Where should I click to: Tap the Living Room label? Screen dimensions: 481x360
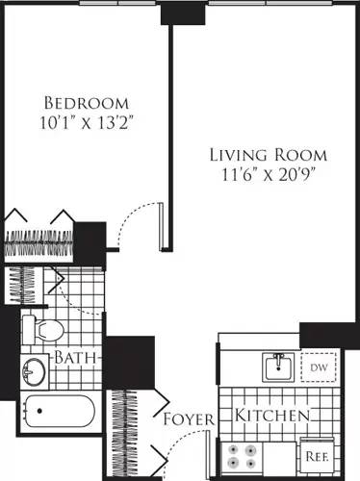point(269,155)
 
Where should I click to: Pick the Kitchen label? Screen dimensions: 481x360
point(272,416)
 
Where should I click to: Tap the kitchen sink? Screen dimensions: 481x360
point(277,366)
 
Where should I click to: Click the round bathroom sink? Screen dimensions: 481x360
point(37,368)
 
